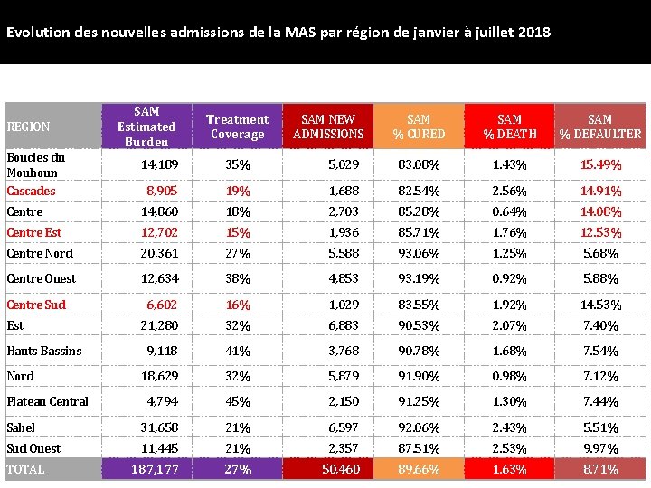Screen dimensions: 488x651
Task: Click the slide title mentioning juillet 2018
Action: tap(278, 33)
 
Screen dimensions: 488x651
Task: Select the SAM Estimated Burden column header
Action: tap(146, 127)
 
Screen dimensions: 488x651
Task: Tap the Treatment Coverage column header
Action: tap(237, 127)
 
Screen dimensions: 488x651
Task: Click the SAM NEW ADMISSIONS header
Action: tap(328, 127)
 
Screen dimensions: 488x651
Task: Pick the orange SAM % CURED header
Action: tap(419, 127)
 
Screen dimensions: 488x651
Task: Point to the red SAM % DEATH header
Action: tap(509, 127)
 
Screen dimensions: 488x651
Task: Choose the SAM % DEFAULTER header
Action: tap(600, 127)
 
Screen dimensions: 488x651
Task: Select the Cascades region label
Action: tap(31, 191)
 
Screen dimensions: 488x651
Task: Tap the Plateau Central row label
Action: tap(47, 401)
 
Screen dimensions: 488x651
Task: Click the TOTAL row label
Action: tap(25, 469)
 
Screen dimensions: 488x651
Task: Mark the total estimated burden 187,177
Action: tap(155, 469)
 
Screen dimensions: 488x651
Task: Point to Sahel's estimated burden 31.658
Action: tap(159, 427)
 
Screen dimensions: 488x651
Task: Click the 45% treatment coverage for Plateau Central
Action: tap(238, 401)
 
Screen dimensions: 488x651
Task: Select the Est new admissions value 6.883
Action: tap(344, 325)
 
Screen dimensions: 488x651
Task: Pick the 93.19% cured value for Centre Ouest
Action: tap(419, 278)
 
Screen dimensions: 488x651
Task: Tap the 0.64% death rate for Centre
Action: tap(509, 211)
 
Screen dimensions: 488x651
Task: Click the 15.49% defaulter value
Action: tap(601, 164)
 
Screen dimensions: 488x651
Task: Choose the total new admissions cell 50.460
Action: tap(341, 469)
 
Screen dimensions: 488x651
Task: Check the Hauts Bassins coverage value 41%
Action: tap(238, 351)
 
